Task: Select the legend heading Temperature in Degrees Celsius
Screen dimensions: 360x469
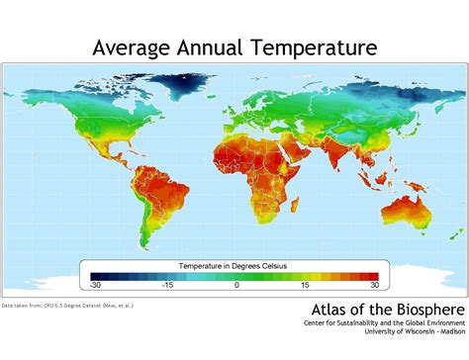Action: pyautogui.click(x=236, y=265)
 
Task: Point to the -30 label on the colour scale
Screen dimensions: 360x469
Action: pyautogui.click(x=95, y=285)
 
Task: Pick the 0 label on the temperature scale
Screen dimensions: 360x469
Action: pyautogui.click(x=236, y=285)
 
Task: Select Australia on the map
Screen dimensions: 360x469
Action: pyautogui.click(x=408, y=213)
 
